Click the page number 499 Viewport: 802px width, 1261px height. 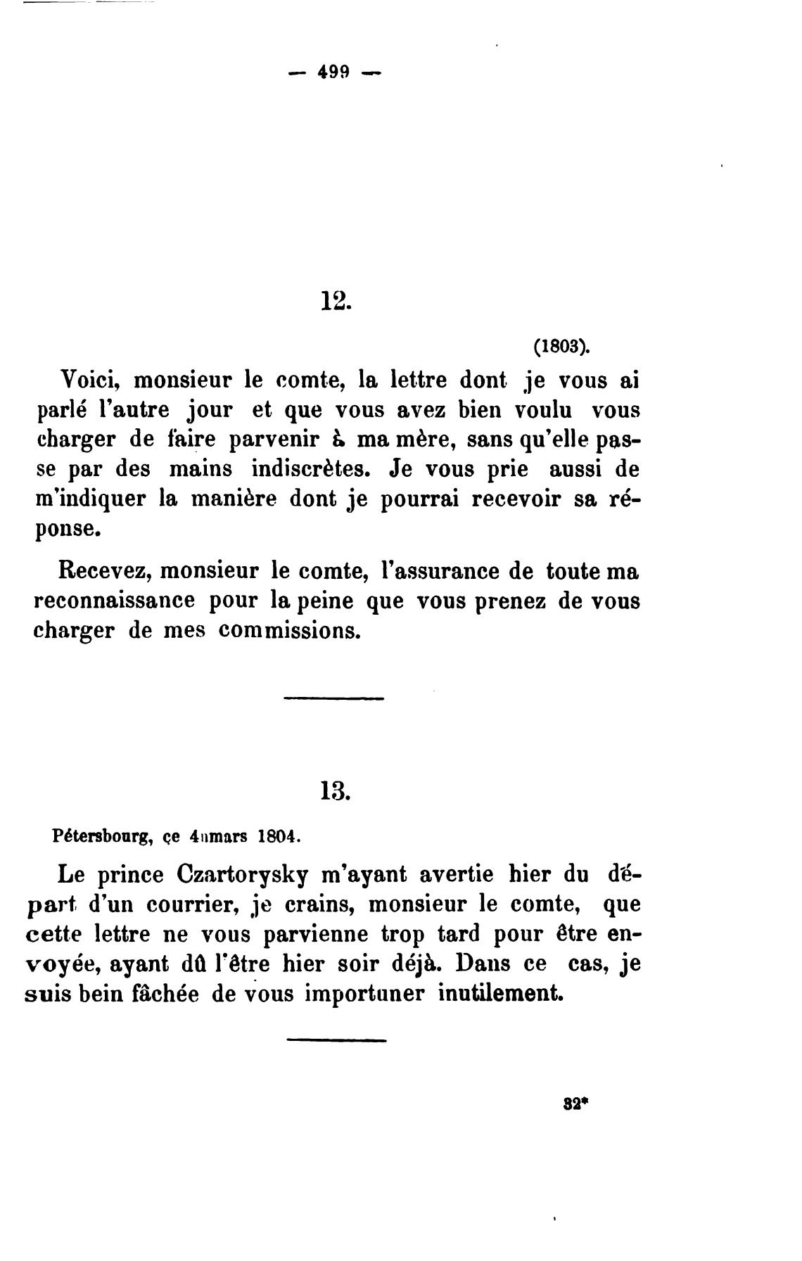pos(334,72)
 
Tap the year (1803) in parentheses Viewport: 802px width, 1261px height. pos(561,347)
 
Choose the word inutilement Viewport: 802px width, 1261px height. pos(501,994)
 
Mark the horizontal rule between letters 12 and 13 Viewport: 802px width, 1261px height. pos(334,698)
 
